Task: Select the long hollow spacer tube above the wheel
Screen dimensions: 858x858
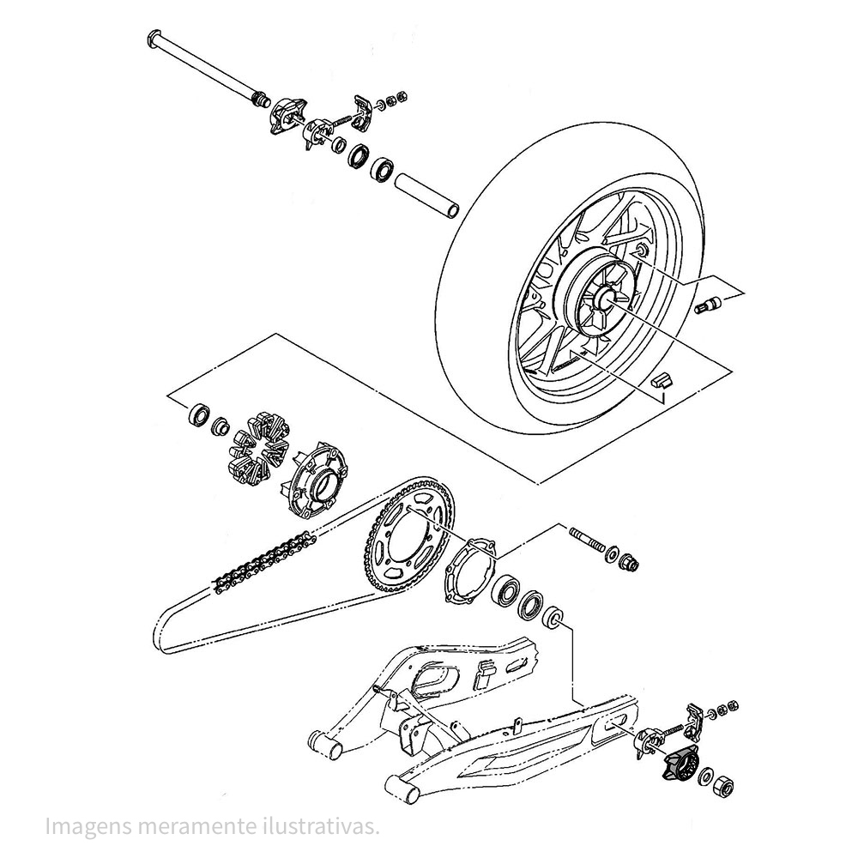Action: click(x=426, y=196)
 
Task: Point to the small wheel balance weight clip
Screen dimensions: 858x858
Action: click(x=662, y=378)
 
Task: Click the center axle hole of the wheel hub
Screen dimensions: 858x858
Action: click(x=607, y=296)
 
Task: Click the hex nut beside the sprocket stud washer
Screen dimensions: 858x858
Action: click(x=629, y=562)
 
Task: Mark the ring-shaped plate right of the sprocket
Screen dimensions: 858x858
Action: click(x=469, y=571)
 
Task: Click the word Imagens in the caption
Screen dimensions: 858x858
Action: click(x=88, y=827)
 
